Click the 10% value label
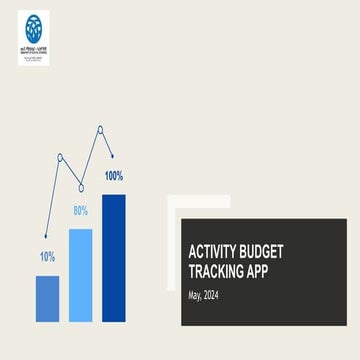[47, 257]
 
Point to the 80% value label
[80, 211]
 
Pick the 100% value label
[113, 176]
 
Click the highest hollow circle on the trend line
[100, 128]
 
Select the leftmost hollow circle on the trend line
[60, 157]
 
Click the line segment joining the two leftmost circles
[70, 171]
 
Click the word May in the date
[195, 295]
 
